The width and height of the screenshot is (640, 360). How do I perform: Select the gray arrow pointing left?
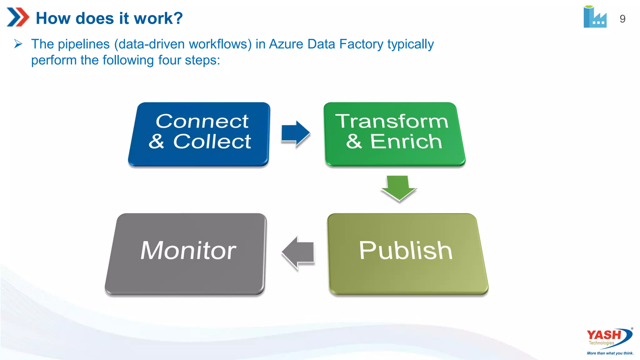(298, 252)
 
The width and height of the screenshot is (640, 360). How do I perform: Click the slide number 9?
(622, 19)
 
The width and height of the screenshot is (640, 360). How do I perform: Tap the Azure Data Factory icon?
(595, 17)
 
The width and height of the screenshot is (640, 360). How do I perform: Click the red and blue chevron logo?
(17, 17)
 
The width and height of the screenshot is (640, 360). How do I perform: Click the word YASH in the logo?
(604, 335)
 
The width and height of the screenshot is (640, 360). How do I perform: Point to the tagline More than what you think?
(610, 353)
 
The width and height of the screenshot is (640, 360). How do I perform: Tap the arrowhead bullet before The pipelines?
(18, 44)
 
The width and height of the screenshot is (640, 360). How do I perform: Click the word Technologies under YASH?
(601, 343)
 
